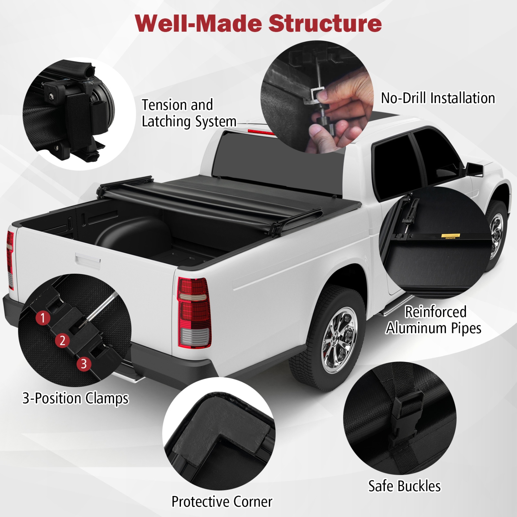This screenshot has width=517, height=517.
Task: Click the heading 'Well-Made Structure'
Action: [x=258, y=23]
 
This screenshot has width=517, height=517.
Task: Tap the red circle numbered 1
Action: [x=43, y=318]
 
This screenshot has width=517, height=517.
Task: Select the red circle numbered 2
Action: [x=62, y=341]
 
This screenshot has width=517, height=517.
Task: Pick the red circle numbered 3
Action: [x=84, y=364]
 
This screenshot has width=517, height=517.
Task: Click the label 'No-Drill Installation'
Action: [x=438, y=98]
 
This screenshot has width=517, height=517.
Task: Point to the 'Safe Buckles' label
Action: [x=404, y=486]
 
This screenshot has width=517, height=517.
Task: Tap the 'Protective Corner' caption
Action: [x=222, y=501]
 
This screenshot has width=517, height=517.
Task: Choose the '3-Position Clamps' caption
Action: [x=75, y=398]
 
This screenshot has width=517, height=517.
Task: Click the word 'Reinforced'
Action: [x=436, y=312]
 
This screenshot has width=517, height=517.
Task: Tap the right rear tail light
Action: [x=194, y=312]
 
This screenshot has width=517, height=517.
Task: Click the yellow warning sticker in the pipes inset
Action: [x=451, y=236]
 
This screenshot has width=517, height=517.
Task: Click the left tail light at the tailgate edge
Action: [x=10, y=258]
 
